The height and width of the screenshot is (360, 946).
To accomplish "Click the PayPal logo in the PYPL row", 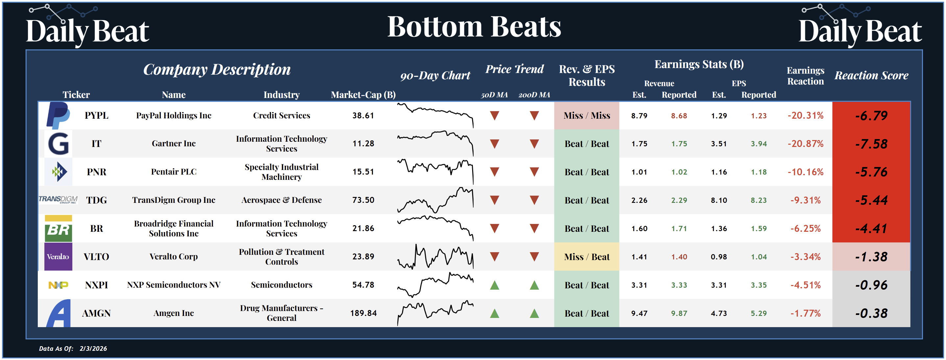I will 58,115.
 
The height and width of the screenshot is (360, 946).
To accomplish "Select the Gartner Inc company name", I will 174,144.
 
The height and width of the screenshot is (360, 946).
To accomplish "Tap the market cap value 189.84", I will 363,313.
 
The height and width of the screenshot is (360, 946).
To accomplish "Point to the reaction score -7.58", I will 871,144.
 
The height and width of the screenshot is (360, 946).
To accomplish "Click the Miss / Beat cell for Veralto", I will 587,257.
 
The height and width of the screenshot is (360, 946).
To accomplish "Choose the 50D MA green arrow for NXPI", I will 495,285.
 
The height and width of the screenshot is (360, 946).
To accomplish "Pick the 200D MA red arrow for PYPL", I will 534,116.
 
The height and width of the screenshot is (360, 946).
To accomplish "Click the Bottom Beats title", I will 474,27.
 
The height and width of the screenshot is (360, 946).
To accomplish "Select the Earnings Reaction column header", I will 805,76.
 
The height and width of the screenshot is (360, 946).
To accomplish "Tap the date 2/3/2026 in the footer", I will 93,348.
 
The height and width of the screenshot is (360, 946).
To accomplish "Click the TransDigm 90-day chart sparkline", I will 435,200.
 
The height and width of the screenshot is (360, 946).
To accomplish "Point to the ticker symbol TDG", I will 97,200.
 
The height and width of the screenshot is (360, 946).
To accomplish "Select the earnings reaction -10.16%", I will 805,172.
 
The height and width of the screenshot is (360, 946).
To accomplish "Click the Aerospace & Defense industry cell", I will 281,200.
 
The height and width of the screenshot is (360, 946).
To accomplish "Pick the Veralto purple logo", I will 58,257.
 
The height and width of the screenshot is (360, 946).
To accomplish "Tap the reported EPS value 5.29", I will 759,313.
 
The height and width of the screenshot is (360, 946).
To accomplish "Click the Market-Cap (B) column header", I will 363,95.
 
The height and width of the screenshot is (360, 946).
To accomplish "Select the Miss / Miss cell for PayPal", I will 587,116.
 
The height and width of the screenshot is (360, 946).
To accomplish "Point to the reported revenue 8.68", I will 679,116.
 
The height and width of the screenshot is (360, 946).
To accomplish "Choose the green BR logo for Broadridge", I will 58,228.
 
